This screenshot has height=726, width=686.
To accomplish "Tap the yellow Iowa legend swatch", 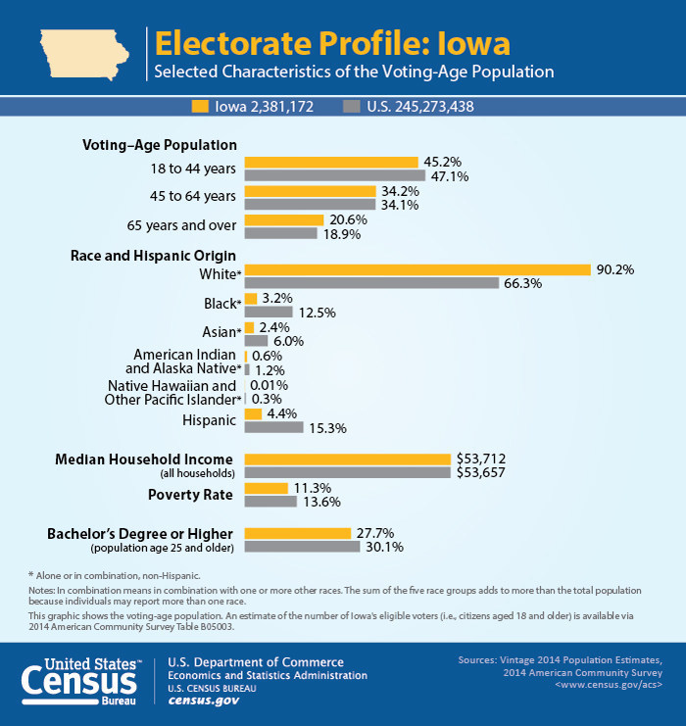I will click(201, 106).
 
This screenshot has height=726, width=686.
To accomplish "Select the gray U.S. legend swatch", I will click(351, 106).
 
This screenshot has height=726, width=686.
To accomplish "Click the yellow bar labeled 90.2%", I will click(416, 269).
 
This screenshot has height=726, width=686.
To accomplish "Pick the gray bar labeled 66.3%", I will click(371, 283).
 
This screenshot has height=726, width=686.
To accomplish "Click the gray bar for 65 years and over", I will click(280, 234).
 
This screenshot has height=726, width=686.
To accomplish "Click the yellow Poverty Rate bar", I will click(266, 488).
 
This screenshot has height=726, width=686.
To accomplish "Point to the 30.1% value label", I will click(383, 547).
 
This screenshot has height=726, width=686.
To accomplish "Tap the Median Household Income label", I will click(144, 459).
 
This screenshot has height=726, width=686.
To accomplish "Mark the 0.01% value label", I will click(269, 385).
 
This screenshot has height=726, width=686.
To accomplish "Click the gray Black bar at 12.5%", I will click(269, 312).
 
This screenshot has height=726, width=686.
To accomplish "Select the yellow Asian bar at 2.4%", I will click(249, 327).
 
